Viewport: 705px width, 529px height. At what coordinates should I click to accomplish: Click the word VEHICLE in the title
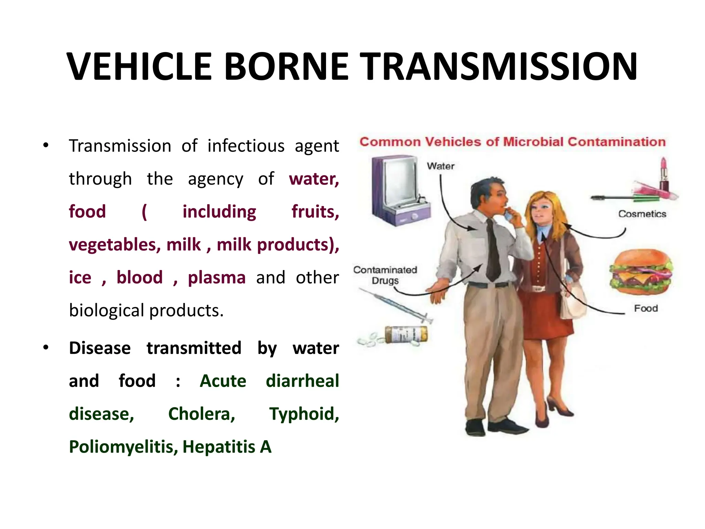[139, 66]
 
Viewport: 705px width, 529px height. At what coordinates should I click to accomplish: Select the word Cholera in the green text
[201, 414]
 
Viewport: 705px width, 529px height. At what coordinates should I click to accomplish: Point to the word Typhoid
[304, 414]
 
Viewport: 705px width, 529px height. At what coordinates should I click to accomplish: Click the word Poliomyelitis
[123, 447]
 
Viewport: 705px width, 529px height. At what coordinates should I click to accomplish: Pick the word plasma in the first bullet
[217, 277]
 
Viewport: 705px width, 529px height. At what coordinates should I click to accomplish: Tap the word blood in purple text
[139, 277]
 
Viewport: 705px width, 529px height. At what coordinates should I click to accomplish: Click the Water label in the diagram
[441, 166]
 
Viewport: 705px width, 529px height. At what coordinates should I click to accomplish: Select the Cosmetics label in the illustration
[642, 214]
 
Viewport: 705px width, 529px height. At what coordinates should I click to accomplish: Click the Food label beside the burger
[646, 308]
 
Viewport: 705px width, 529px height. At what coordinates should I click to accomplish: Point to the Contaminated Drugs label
[385, 275]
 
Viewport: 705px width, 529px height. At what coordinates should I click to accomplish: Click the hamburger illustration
[641, 272]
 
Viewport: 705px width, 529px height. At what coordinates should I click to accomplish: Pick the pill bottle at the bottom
[406, 334]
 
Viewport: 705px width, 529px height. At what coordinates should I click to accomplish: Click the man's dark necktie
[493, 251]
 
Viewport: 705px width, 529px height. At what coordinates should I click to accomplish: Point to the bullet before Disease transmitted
[46, 348]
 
